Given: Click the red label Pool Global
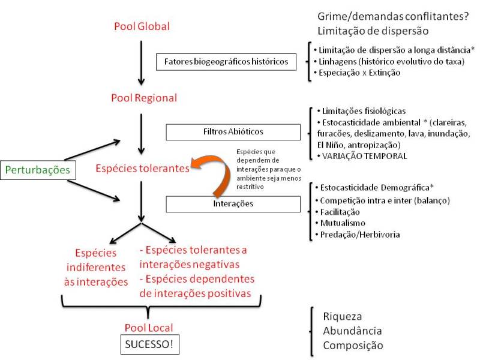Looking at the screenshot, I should tap(142, 26).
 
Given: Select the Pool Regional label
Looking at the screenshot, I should tap(144, 97).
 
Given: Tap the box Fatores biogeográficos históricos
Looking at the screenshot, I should tap(226, 61).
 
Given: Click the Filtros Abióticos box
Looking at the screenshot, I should tap(232, 132).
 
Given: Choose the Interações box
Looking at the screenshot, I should tap(232, 204).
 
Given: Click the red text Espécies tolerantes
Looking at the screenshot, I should tap(142, 169).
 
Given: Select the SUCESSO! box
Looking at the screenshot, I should tap(148, 346).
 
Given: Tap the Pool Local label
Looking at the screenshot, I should tap(148, 328).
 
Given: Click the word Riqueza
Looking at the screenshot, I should tap(343, 317).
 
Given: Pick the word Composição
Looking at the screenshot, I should tap(352, 345).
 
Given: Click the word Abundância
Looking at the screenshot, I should tap(352, 331).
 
